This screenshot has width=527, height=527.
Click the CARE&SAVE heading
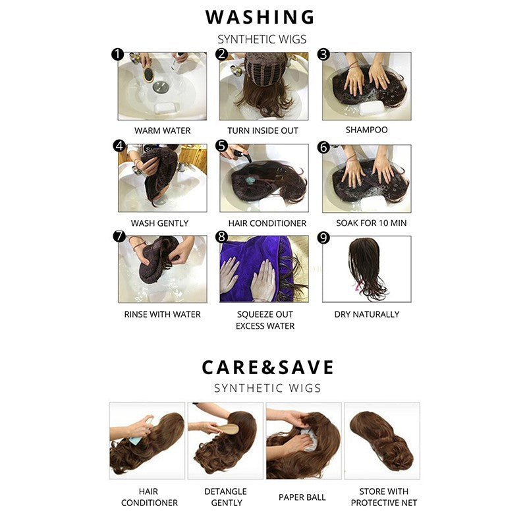coord(268,367)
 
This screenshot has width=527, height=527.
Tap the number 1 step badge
coord(118,54)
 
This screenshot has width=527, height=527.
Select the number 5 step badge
coord(221,146)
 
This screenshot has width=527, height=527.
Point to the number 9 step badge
coord(323,238)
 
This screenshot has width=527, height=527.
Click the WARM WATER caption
coord(162,130)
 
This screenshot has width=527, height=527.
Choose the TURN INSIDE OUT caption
coord(263,130)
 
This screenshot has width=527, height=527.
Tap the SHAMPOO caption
coord(366,130)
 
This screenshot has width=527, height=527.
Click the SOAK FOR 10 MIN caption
coord(371,223)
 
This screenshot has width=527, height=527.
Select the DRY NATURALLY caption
coord(367,314)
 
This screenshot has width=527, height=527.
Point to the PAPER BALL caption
coord(302,497)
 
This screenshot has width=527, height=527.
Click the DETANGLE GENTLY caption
coord(225,497)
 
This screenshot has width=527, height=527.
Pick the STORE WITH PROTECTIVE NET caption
coord(384,497)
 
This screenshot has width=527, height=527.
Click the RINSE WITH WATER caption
coord(162,314)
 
